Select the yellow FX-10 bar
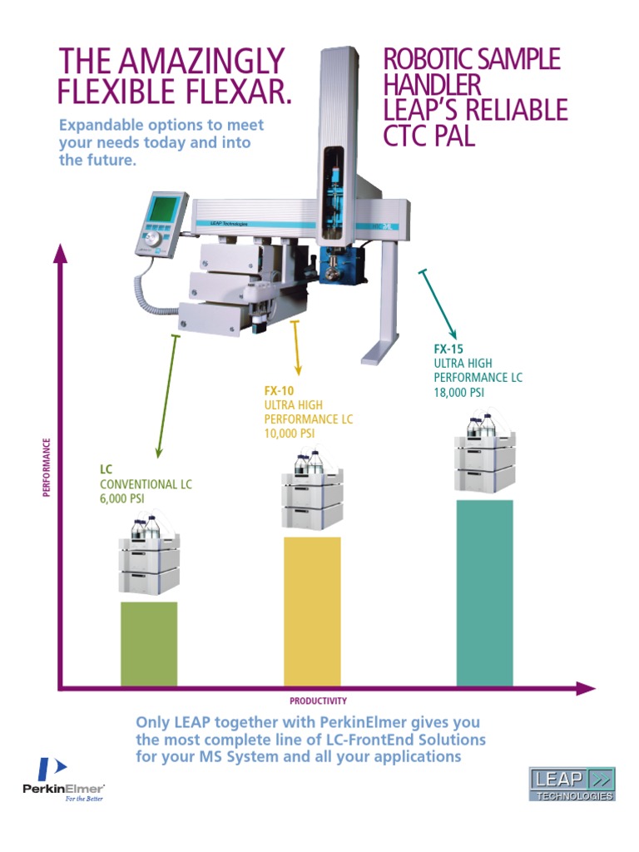(312, 612)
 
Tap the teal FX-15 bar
(484, 593)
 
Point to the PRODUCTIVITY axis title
(318, 701)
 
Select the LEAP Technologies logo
(573, 785)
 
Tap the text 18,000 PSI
(458, 393)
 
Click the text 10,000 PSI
(289, 433)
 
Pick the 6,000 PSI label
(122, 498)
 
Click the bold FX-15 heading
(448, 349)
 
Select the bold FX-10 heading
(279, 389)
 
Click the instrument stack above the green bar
(149, 557)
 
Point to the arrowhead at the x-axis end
(587, 688)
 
